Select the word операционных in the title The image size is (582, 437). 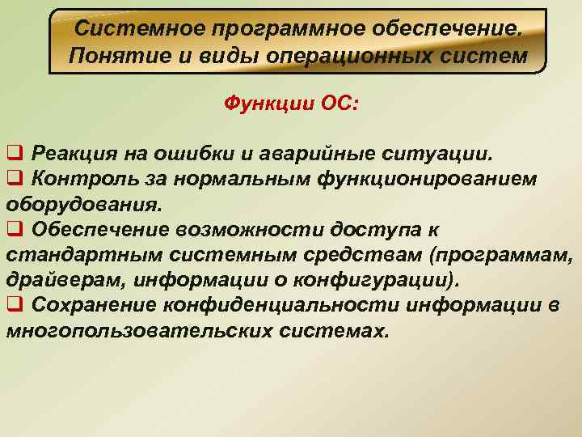point(356,56)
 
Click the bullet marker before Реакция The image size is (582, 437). point(14,153)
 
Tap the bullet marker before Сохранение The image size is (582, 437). point(14,306)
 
